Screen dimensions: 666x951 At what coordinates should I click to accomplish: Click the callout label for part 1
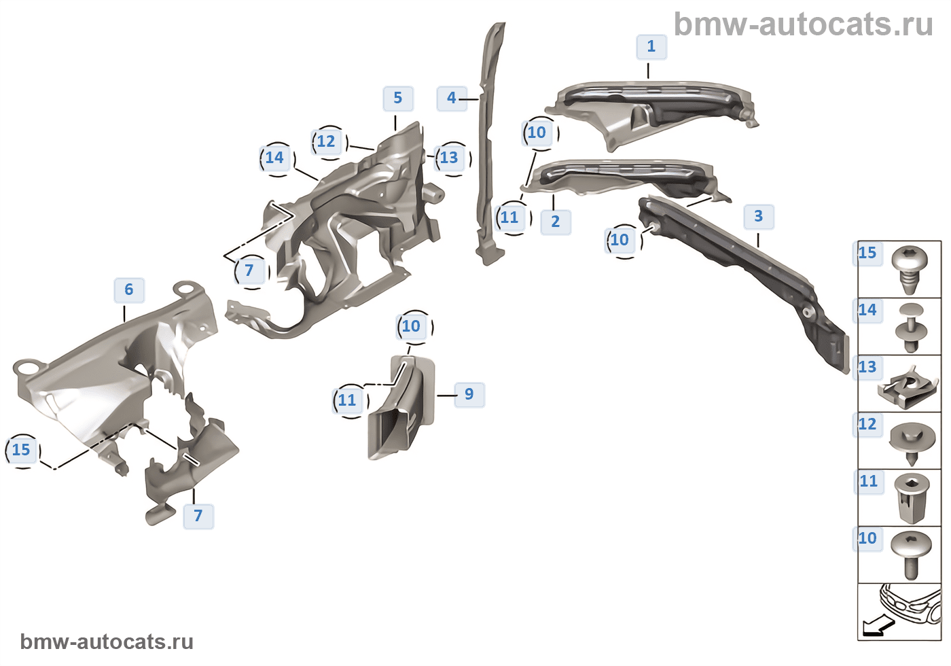coord(651,47)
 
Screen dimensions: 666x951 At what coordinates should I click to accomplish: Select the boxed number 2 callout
coord(555,222)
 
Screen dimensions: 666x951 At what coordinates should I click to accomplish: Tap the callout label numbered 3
coord(758,217)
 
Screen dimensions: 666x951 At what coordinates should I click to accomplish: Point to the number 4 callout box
coord(451,98)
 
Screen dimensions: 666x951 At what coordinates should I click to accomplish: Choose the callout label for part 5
coord(397,99)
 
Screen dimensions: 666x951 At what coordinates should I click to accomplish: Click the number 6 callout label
coord(128,290)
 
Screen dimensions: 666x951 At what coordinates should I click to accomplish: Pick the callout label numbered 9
coord(469,394)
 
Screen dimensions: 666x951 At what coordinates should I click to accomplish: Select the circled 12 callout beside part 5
coord(327,142)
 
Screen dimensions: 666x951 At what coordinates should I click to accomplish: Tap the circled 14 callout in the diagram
coord(275,158)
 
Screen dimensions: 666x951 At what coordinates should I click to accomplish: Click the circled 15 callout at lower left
coord(22,450)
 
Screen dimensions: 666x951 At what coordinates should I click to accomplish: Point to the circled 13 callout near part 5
coord(450,158)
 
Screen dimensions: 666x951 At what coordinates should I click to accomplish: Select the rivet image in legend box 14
coord(911,327)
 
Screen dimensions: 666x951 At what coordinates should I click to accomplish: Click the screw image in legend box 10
coord(911,554)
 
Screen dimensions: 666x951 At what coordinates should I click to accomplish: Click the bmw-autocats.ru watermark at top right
coord(804,24)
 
